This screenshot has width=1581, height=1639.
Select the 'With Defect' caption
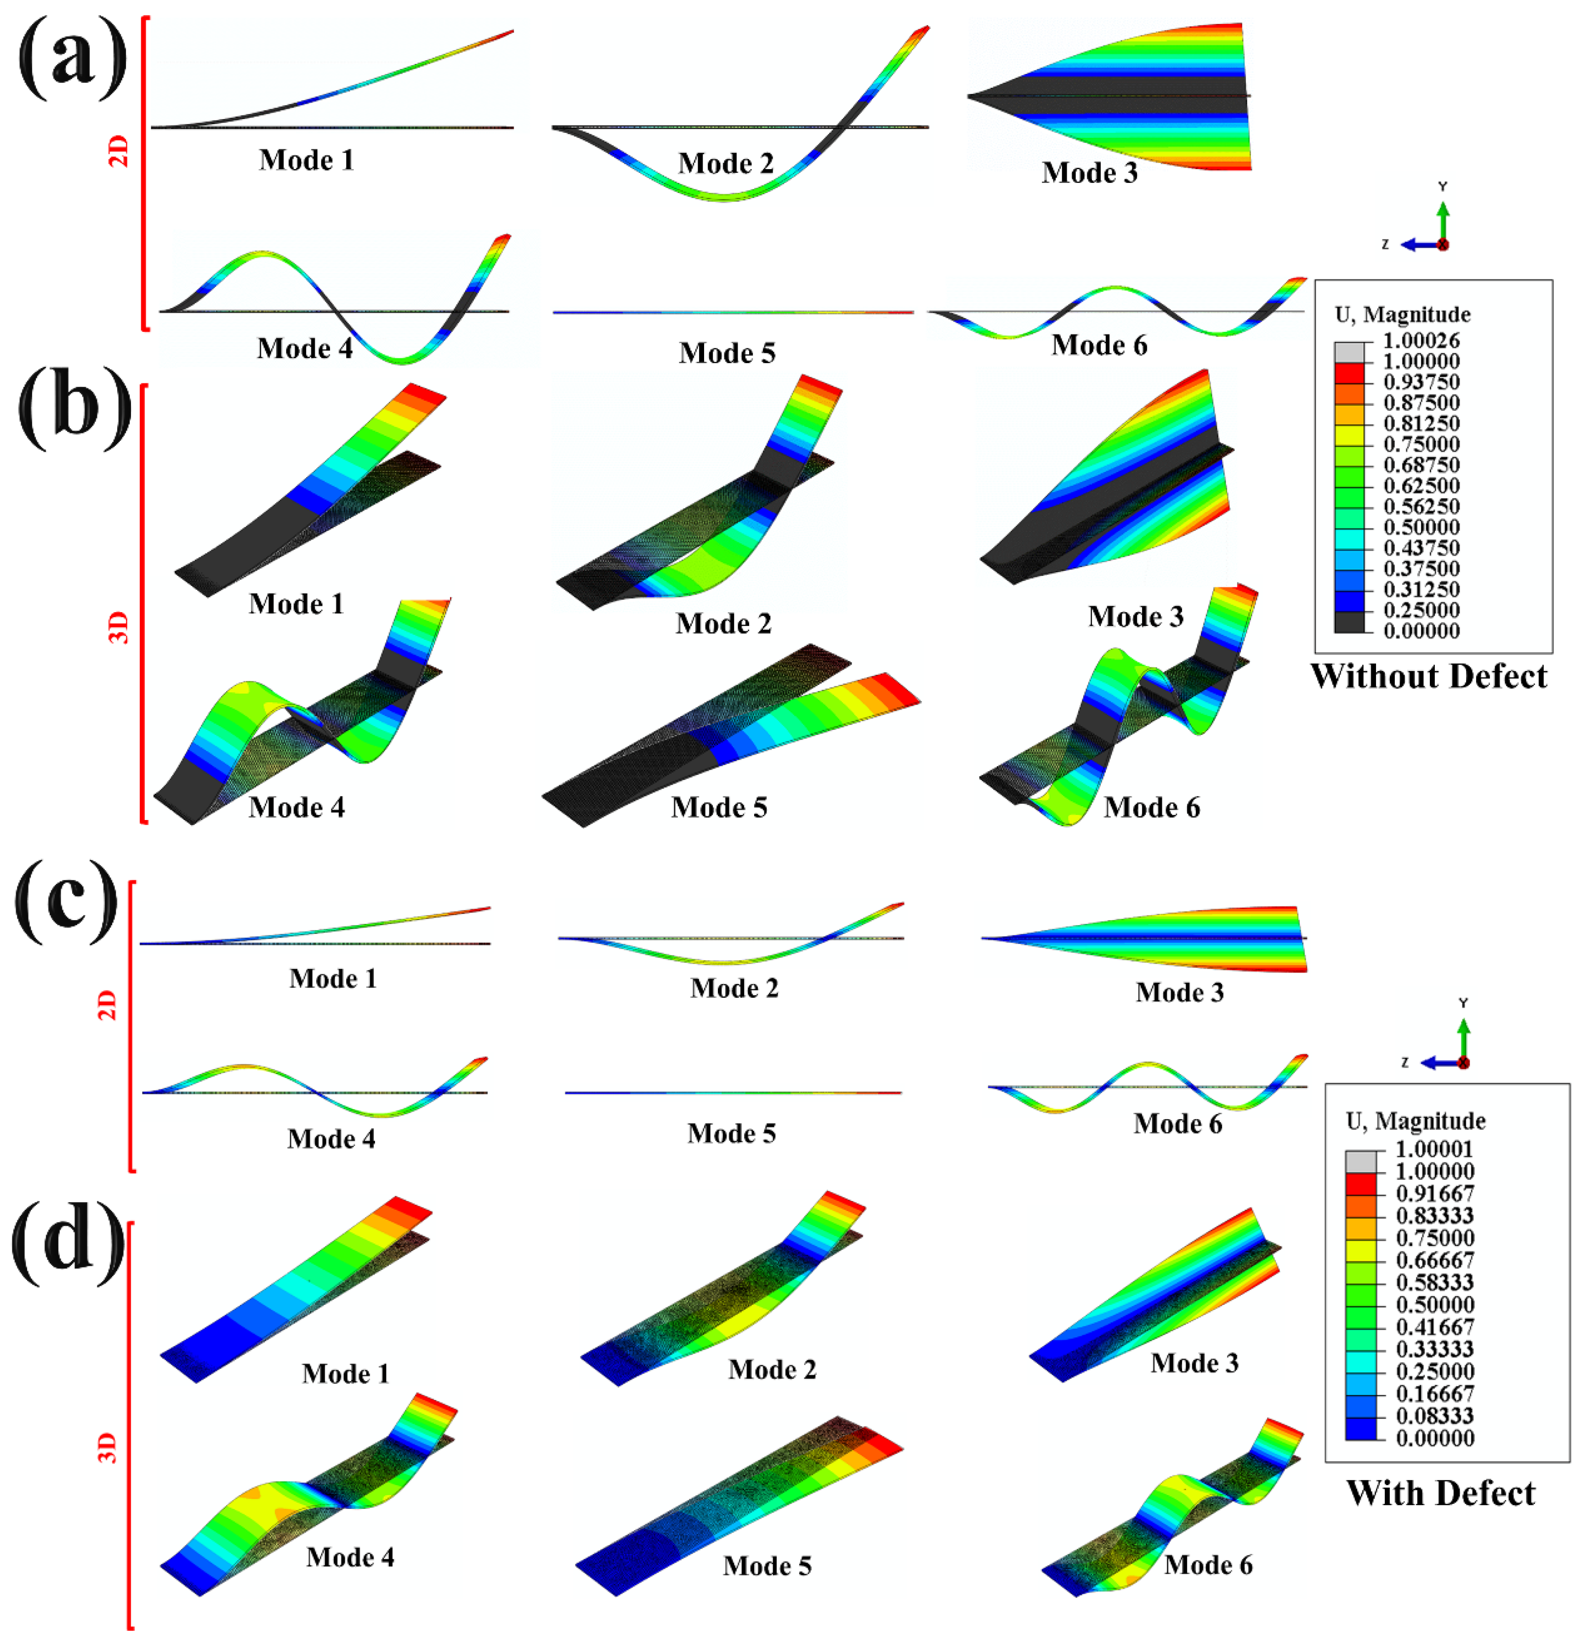(x=1440, y=1493)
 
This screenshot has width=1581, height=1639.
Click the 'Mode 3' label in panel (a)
(x=1089, y=172)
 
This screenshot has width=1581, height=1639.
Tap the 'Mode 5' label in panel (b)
(x=719, y=807)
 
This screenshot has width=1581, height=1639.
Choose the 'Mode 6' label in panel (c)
(x=1177, y=1123)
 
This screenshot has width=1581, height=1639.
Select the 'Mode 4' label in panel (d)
(x=349, y=1557)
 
